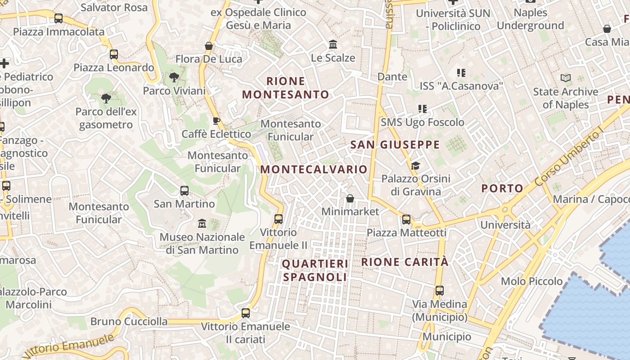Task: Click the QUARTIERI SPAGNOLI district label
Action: pos(315,270)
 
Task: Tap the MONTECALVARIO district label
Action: pos(314,169)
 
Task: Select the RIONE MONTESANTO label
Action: pos(286,88)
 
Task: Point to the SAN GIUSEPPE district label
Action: pos(395,144)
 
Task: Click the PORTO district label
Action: pos(502,188)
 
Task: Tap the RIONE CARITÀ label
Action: pos(405,262)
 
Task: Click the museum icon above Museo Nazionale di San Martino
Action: pos(202,223)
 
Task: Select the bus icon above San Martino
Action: pos(184,190)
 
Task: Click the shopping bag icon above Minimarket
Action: pos(350,198)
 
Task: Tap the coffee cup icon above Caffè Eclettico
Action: pos(216,121)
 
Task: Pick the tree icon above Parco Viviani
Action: pos(174,77)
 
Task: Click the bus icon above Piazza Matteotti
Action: pos(406,219)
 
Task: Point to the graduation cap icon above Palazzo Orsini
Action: pos(415,166)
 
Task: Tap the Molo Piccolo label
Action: pos(531,281)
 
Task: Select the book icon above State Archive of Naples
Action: pos(566,78)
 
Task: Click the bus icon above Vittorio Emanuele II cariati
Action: pos(246,313)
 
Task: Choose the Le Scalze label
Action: pos(333,58)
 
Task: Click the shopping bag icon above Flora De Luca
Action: pos(209,46)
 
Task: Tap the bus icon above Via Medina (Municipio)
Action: pos(440,291)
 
